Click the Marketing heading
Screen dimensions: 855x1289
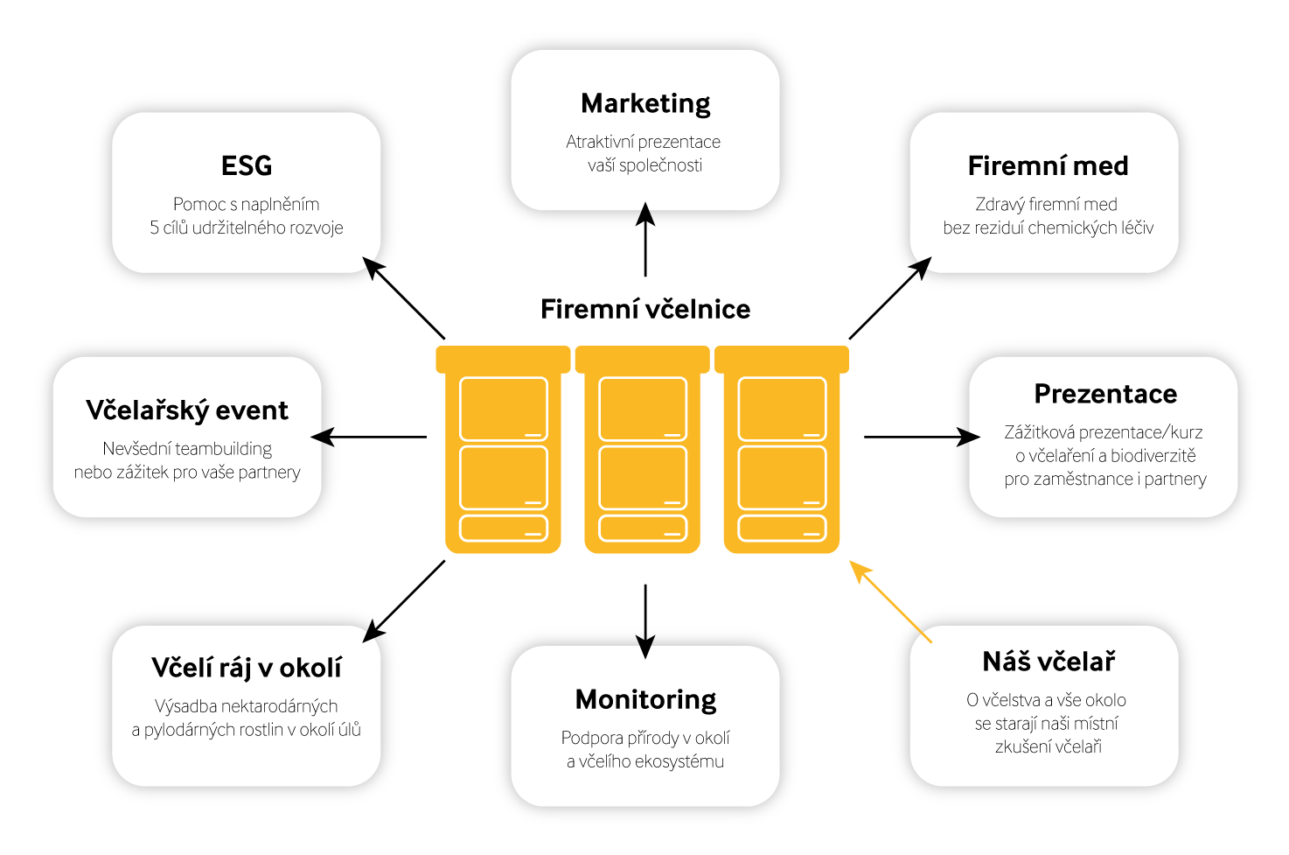point(645,103)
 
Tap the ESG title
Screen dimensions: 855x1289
point(247,165)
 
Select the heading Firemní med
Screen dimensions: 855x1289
point(1048,165)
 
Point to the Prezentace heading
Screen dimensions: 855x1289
point(1105,394)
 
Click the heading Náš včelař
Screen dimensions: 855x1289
point(1049,662)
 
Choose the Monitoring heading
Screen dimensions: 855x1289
point(645,699)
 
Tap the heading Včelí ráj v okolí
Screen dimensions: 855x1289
point(247,668)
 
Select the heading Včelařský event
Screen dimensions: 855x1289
point(187,410)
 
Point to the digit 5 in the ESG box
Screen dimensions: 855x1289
point(154,228)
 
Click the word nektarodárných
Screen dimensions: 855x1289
point(276,706)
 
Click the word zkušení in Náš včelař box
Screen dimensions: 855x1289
point(1019,747)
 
